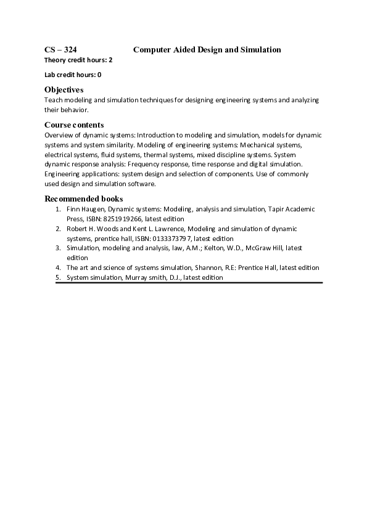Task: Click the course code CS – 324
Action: (x=60, y=49)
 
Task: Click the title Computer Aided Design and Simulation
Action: (x=207, y=49)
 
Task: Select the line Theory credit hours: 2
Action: (x=78, y=60)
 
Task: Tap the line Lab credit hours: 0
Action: (x=73, y=75)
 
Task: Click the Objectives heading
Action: (x=64, y=90)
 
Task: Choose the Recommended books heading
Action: (x=84, y=198)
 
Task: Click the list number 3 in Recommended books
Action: (x=57, y=248)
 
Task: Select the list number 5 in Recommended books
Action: (x=57, y=277)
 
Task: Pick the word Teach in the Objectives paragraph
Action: (x=53, y=100)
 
